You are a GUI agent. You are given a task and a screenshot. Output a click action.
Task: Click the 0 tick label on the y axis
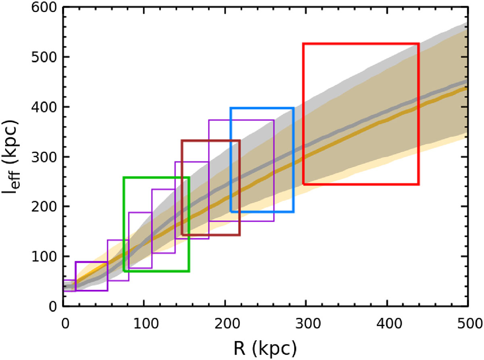tap(52, 306)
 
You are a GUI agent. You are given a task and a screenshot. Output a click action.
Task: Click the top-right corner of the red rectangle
tap(419, 44)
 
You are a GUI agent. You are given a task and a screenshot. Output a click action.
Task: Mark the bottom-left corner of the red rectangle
tap(303, 184)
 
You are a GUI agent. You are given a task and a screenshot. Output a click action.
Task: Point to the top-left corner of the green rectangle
tap(124, 178)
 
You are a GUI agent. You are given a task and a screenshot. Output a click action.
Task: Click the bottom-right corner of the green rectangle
tap(189, 271)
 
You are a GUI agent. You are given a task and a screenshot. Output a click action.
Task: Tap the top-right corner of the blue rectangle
tap(293, 108)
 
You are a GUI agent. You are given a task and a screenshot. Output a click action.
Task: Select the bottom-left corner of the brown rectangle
tap(182, 235)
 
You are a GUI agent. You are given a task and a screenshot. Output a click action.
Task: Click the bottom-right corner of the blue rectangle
tap(293, 212)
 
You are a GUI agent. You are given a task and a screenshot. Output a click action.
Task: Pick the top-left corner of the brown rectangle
tap(182, 141)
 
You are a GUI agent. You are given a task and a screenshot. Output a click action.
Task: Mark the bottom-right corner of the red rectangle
tap(419, 184)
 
